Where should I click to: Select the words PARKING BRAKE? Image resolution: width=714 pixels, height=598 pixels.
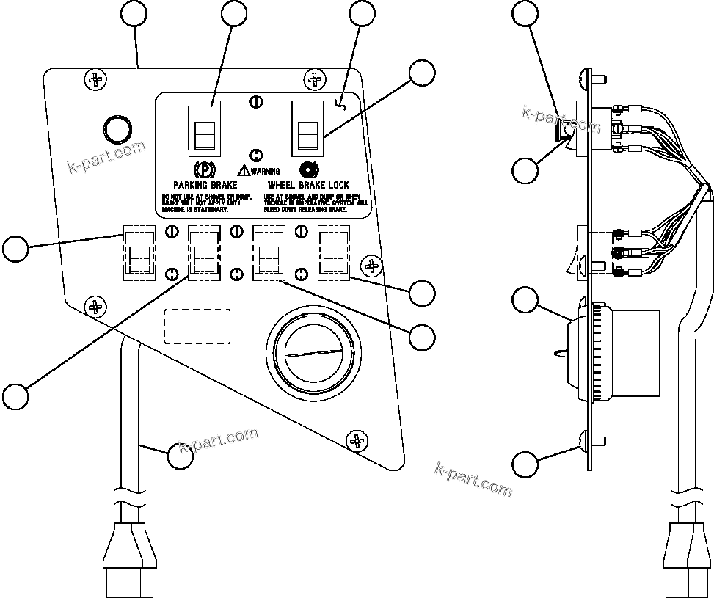pos(205,186)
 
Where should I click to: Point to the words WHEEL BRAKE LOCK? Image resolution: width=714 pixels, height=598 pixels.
pos(308,186)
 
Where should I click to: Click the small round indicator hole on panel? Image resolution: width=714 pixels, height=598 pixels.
pos(117,128)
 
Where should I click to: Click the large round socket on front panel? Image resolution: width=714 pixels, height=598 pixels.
pos(316,354)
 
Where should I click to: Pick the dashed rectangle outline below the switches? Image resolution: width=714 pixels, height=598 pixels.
pos(197,326)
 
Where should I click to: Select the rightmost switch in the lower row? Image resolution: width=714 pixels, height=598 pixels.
pos(333,253)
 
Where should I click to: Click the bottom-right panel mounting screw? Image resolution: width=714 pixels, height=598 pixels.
pos(357,440)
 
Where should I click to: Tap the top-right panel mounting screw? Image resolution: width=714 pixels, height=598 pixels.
pos(316,78)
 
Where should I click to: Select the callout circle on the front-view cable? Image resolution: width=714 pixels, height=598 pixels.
pos(181,456)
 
